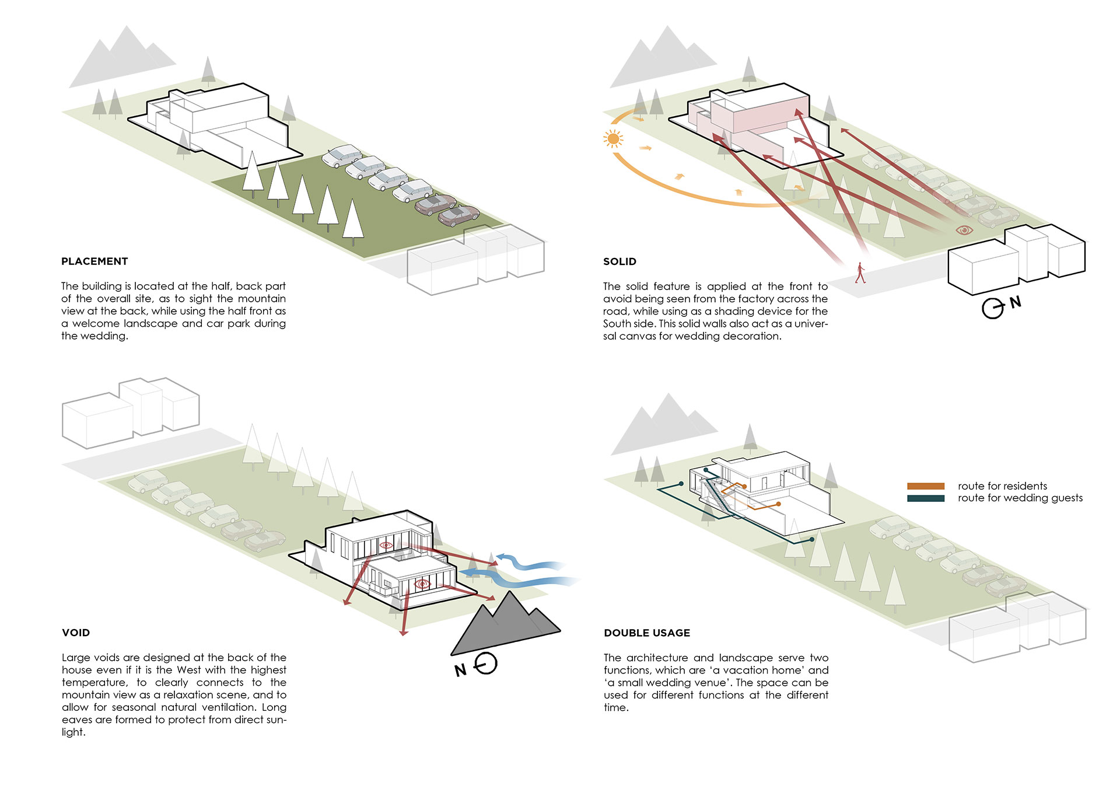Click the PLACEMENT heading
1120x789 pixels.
94,261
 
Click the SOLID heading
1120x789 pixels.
619,261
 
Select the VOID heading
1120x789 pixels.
76,633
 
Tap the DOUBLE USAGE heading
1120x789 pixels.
647,633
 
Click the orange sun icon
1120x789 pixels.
613,139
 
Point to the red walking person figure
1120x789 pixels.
860,273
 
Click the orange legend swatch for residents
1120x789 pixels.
926,486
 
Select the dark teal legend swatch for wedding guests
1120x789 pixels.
926,498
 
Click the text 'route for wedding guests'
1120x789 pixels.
1020,498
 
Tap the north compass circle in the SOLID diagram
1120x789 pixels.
992,308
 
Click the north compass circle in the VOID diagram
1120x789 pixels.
486,663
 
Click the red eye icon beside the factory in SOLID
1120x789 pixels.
964,231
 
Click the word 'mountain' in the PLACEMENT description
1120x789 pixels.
262,299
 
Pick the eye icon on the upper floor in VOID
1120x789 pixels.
385,545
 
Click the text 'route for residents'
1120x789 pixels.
1002,486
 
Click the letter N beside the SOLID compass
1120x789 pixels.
1016,302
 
